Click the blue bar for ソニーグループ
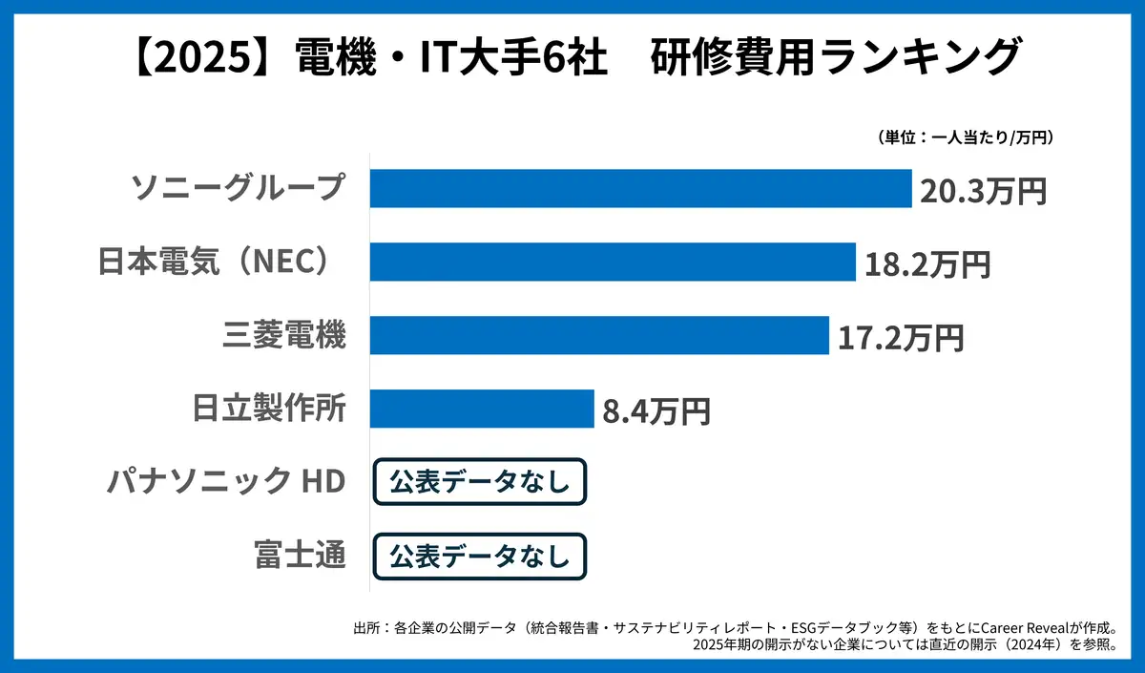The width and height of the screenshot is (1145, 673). click(x=640, y=188)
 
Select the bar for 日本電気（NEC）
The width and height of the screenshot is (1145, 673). click(x=613, y=262)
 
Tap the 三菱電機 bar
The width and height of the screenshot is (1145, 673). click(x=599, y=335)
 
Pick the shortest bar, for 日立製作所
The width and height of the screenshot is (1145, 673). click(x=482, y=409)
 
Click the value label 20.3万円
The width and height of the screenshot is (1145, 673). click(x=983, y=191)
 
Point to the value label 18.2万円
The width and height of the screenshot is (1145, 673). click(x=927, y=264)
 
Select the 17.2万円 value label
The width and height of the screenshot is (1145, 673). click(x=901, y=338)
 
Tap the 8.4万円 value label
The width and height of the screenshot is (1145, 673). click(x=656, y=411)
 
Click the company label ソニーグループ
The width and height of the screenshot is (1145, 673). click(x=238, y=188)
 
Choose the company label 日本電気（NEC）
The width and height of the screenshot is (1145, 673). click(x=220, y=262)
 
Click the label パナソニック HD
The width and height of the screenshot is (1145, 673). click(x=225, y=482)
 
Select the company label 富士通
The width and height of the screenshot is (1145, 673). click(x=300, y=556)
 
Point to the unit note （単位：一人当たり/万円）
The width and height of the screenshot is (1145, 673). click(x=964, y=137)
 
